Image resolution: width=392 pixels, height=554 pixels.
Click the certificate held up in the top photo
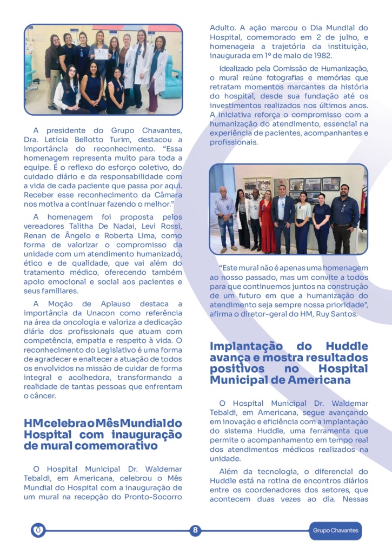(102, 54)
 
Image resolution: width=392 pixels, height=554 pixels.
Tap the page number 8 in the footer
(195, 530)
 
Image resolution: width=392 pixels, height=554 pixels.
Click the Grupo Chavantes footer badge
(335, 531)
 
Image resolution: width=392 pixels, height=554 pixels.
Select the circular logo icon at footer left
(38, 530)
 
